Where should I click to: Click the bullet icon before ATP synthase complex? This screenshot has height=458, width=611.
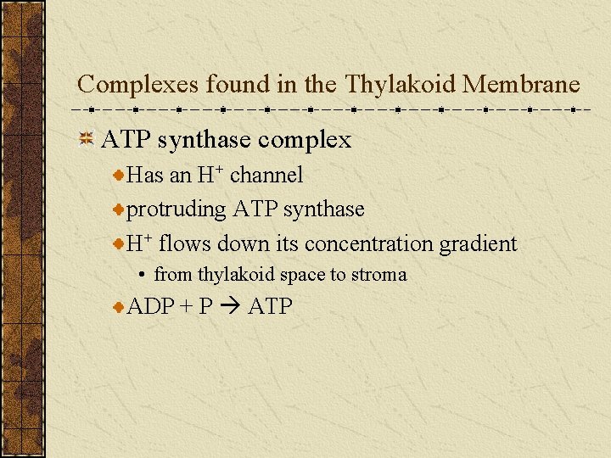click(x=86, y=140)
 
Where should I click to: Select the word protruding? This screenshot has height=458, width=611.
click(x=177, y=209)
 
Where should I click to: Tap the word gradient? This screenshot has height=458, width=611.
click(x=478, y=244)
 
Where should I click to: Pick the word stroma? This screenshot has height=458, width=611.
click(x=383, y=275)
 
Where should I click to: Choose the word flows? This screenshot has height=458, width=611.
click(x=185, y=244)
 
